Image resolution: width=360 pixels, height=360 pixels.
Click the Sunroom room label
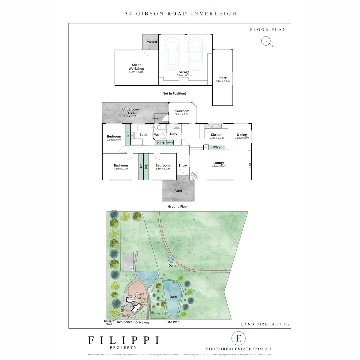point(182,111)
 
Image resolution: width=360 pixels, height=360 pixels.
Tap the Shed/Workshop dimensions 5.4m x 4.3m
point(136,72)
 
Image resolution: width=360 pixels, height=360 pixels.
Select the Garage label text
point(184,72)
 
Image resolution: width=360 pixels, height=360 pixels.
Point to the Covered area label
point(151,42)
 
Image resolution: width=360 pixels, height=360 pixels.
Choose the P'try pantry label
point(217,147)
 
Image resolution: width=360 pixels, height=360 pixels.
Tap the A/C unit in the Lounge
point(249,164)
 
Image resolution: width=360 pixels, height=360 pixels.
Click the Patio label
point(178,191)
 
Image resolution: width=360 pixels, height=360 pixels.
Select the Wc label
point(156,135)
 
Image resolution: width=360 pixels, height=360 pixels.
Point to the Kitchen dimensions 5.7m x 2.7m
point(217,138)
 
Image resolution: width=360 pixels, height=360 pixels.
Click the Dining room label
point(242,135)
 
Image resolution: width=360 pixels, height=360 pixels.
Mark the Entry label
point(183,166)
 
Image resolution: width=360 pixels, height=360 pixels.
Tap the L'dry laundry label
point(174,134)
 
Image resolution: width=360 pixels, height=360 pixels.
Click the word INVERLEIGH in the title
point(214,14)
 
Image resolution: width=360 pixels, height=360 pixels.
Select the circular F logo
point(239,338)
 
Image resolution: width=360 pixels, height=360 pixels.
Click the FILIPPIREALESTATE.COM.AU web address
point(239,349)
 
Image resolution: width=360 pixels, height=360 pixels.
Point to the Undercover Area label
point(131,111)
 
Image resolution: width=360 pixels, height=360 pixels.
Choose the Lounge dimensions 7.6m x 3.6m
point(219,166)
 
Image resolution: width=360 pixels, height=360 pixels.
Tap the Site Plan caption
point(173,322)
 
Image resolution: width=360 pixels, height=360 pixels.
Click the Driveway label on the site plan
point(143,322)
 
